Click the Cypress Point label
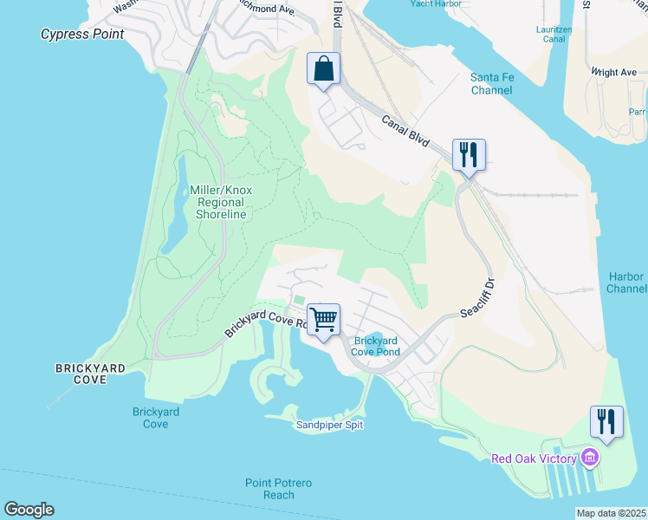82,35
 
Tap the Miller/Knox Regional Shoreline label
221,202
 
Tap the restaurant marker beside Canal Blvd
469,155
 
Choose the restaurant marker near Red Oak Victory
606,422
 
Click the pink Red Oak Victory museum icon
590,457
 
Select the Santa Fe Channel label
492,83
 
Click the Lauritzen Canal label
554,34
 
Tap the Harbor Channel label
625,283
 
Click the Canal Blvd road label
406,132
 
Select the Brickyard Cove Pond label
376,346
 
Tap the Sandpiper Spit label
329,425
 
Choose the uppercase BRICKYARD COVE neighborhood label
90,374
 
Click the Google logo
29,510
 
